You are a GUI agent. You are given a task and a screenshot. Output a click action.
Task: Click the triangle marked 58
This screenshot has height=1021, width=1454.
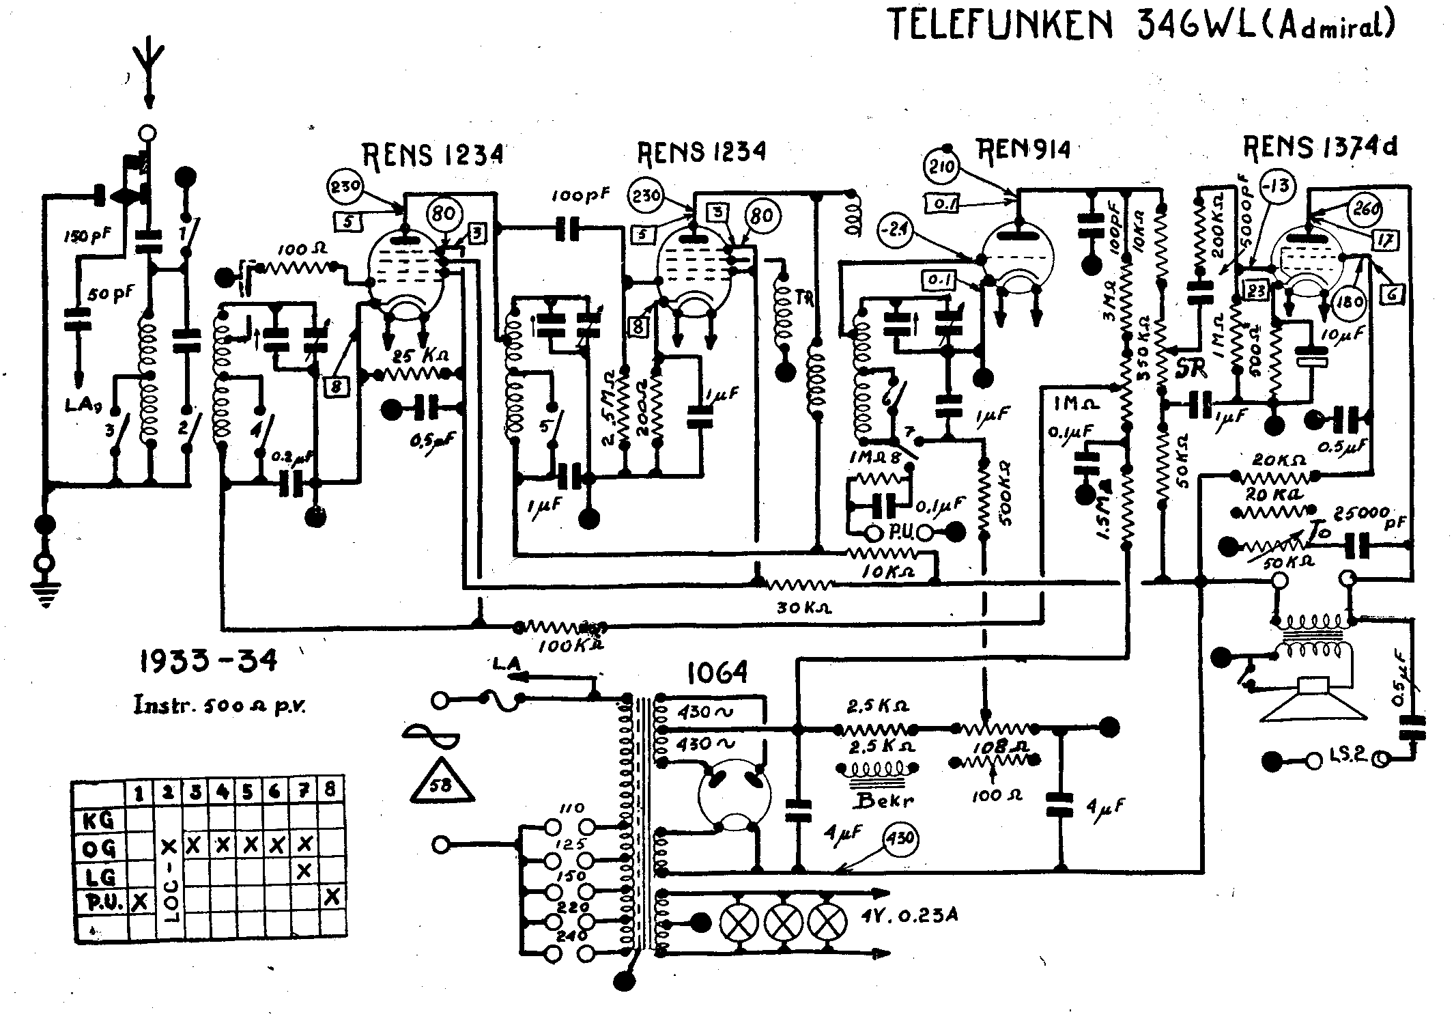(442, 783)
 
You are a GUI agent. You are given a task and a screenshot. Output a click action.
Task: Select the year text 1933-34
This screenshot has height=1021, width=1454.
(209, 661)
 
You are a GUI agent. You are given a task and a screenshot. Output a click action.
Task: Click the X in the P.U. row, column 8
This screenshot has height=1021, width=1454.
(331, 896)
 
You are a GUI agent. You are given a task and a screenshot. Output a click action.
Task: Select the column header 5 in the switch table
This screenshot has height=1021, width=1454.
(248, 793)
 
